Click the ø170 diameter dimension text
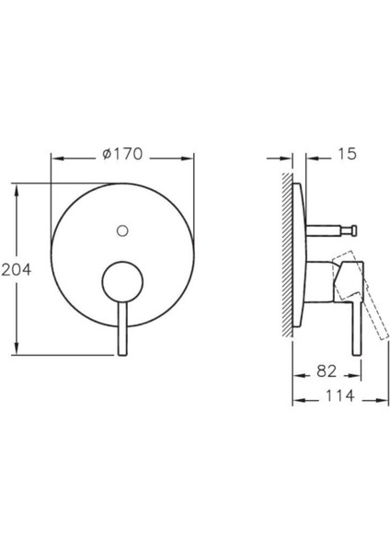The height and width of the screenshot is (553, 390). [x=123, y=154]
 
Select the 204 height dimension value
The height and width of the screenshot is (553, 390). [x=17, y=269]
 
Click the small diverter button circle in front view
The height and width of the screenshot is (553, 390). [x=122, y=228]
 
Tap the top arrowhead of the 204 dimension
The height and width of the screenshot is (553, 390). [x=16, y=186]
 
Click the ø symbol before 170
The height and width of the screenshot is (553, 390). [x=108, y=154]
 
